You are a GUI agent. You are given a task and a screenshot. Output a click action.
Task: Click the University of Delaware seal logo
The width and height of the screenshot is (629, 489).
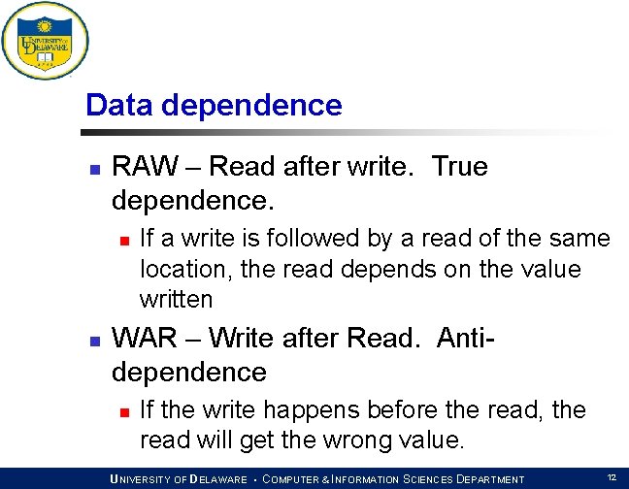(45, 41)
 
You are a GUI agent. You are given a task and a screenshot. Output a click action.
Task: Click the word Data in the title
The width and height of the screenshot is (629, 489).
(119, 105)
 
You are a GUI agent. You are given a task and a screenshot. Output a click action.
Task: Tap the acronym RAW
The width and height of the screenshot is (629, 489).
(145, 166)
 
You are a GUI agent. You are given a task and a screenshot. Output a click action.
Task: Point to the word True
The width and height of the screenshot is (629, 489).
(460, 166)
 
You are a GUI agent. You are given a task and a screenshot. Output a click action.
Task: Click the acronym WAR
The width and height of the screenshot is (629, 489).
(144, 338)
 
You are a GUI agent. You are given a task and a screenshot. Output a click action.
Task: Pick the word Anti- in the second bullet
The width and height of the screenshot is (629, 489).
(465, 338)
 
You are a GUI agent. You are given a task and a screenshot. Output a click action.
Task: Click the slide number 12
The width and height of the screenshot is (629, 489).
(612, 477)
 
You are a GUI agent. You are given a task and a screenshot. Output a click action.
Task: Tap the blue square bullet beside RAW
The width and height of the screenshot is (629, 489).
(95, 170)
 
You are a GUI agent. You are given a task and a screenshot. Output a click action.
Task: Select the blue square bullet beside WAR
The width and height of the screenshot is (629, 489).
(95, 342)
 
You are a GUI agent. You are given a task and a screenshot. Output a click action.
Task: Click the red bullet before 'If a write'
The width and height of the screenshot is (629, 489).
(125, 241)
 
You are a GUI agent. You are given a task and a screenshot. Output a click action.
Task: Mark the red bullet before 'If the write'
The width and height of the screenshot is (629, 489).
(125, 412)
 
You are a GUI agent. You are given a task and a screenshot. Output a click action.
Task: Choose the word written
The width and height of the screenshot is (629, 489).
(176, 300)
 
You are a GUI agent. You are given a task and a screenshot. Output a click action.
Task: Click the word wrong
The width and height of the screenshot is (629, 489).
(357, 441)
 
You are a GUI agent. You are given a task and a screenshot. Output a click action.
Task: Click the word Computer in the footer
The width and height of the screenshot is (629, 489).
(296, 479)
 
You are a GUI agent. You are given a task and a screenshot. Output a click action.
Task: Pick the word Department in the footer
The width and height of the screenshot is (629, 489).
(490, 479)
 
